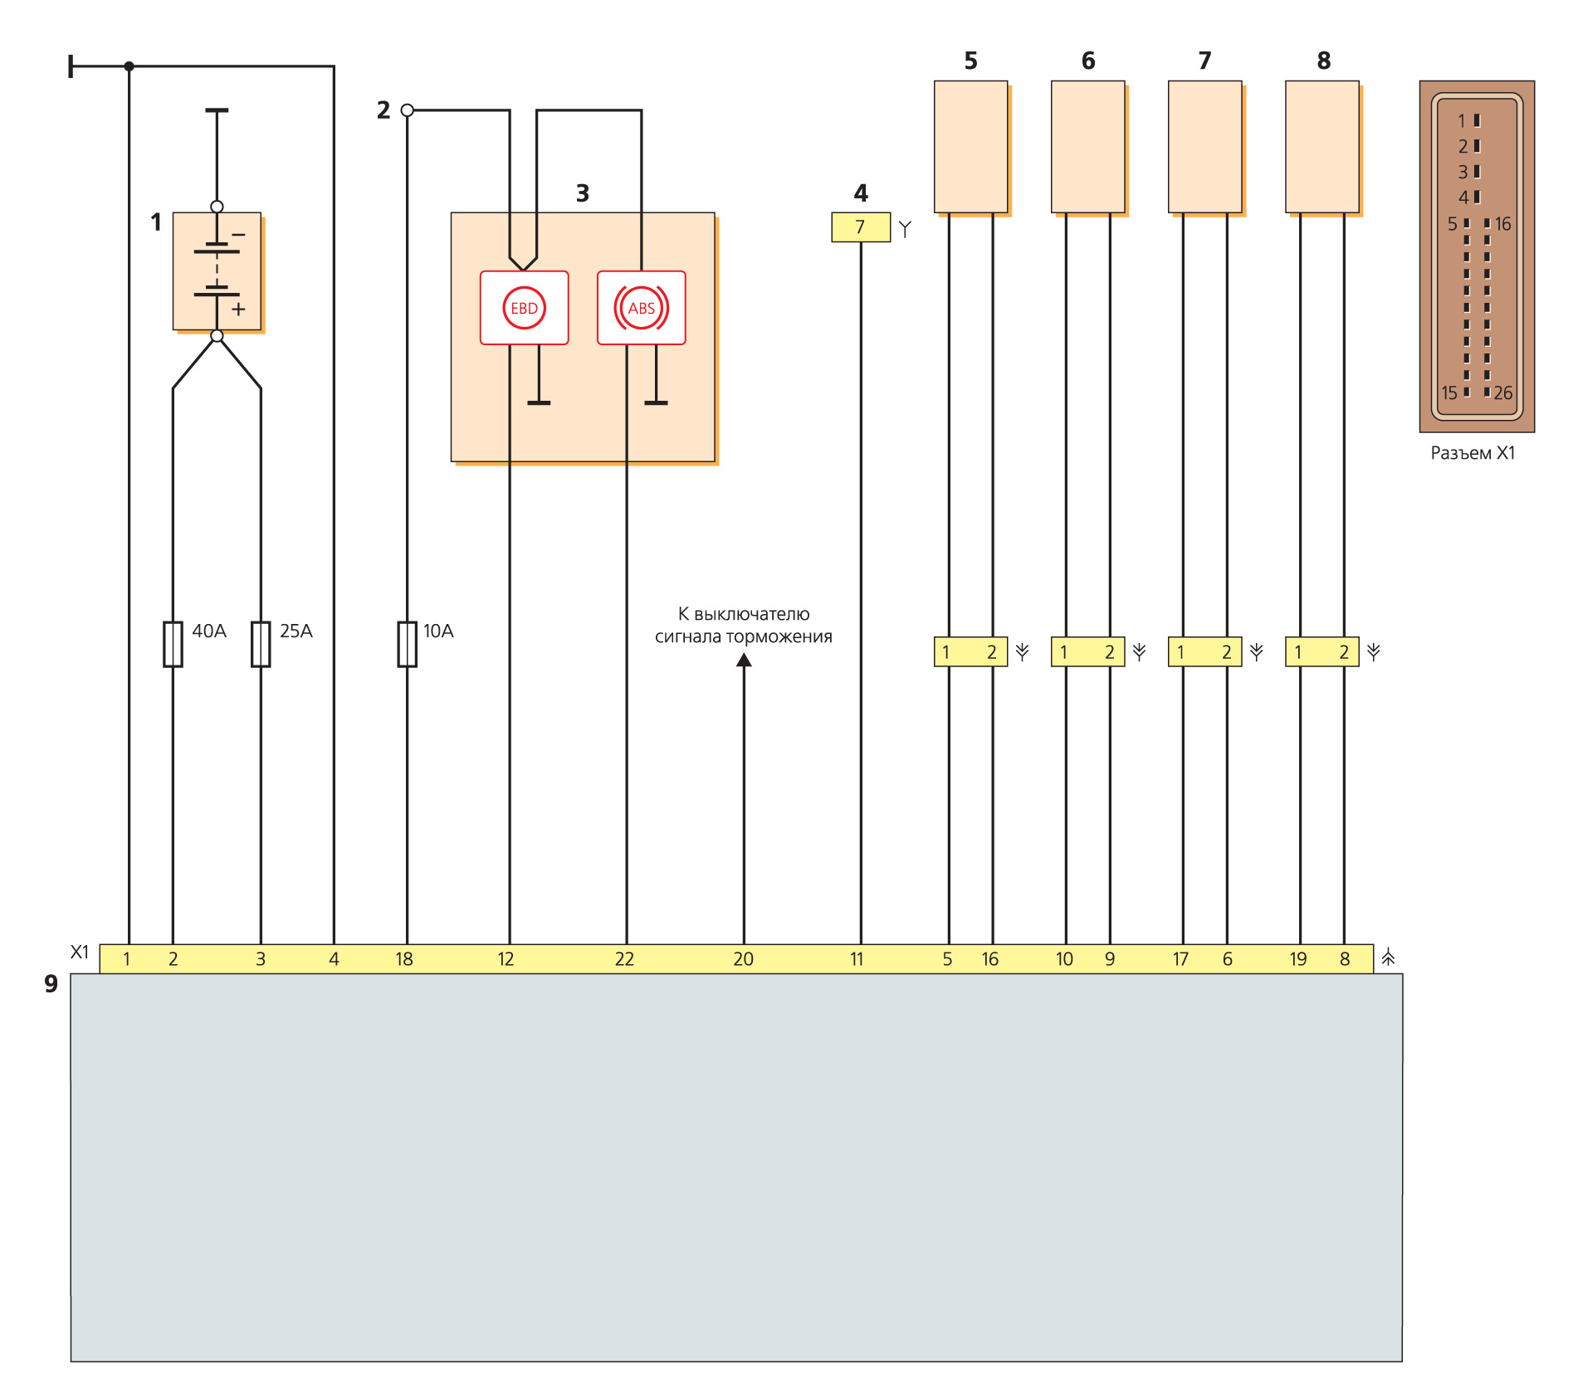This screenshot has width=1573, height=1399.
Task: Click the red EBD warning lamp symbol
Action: click(524, 308)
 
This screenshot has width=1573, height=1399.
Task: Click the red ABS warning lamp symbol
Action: click(641, 308)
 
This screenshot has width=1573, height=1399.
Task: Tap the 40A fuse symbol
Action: click(173, 644)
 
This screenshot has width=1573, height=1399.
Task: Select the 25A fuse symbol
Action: click(261, 644)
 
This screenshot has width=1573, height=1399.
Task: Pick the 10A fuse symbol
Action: click(407, 644)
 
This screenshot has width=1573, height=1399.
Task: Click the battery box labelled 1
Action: click(217, 271)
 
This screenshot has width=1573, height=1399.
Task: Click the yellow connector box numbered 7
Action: click(860, 227)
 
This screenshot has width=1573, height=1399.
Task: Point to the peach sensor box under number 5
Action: click(970, 147)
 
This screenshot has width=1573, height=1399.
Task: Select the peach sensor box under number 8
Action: click(1321, 147)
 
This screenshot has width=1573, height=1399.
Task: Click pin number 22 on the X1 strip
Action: click(624, 959)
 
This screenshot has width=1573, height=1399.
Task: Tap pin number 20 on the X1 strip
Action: click(743, 959)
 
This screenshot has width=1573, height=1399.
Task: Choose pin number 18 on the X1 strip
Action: click(404, 959)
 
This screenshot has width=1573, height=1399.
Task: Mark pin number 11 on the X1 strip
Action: click(857, 959)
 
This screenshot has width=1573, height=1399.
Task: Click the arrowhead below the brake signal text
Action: click(744, 661)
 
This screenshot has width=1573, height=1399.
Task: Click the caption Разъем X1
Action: click(1473, 453)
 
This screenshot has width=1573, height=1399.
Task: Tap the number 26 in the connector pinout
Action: click(1502, 393)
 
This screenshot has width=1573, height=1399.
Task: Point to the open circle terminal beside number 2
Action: click(407, 110)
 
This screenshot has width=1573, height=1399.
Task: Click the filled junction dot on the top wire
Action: click(129, 66)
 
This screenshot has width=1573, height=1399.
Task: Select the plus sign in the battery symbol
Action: click(238, 310)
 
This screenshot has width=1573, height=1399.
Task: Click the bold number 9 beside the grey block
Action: click(51, 984)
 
